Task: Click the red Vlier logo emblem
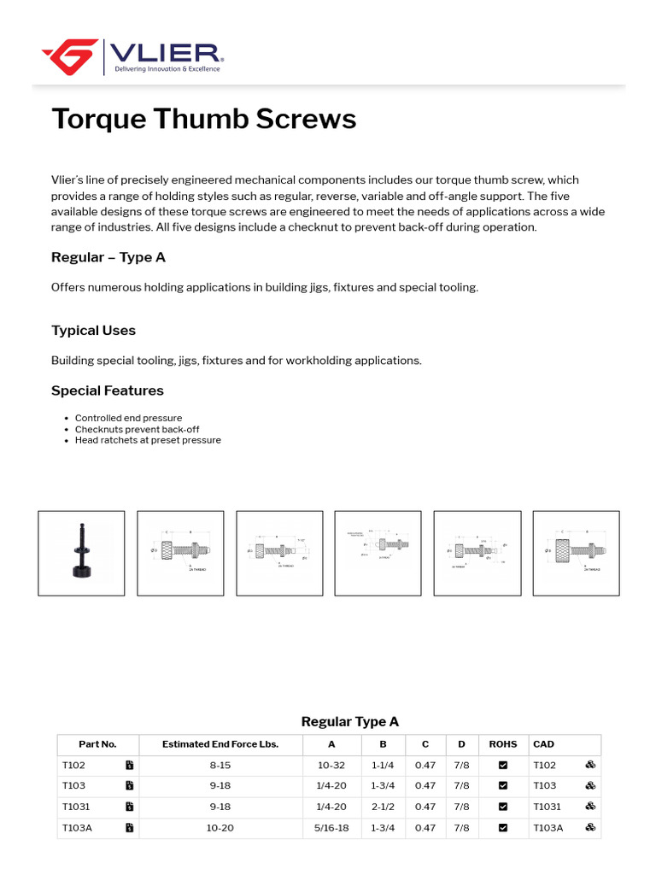(70, 56)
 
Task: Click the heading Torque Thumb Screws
(203, 119)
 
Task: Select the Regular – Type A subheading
(108, 257)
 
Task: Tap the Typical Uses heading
(93, 331)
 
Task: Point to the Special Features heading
(107, 391)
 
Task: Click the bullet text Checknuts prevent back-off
(137, 429)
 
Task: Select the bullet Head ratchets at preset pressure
(148, 440)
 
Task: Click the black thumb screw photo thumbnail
(81, 553)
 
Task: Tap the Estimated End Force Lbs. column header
(220, 744)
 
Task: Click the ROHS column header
(503, 744)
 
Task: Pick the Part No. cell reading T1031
(75, 807)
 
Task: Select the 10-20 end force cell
(220, 828)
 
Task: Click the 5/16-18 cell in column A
(331, 828)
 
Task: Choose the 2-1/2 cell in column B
(384, 807)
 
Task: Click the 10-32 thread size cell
(331, 765)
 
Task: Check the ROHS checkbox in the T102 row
(503, 765)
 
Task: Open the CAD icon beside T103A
(589, 827)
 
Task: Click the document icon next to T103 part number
(129, 786)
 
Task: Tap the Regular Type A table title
(349, 722)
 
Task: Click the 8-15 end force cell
(220, 765)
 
